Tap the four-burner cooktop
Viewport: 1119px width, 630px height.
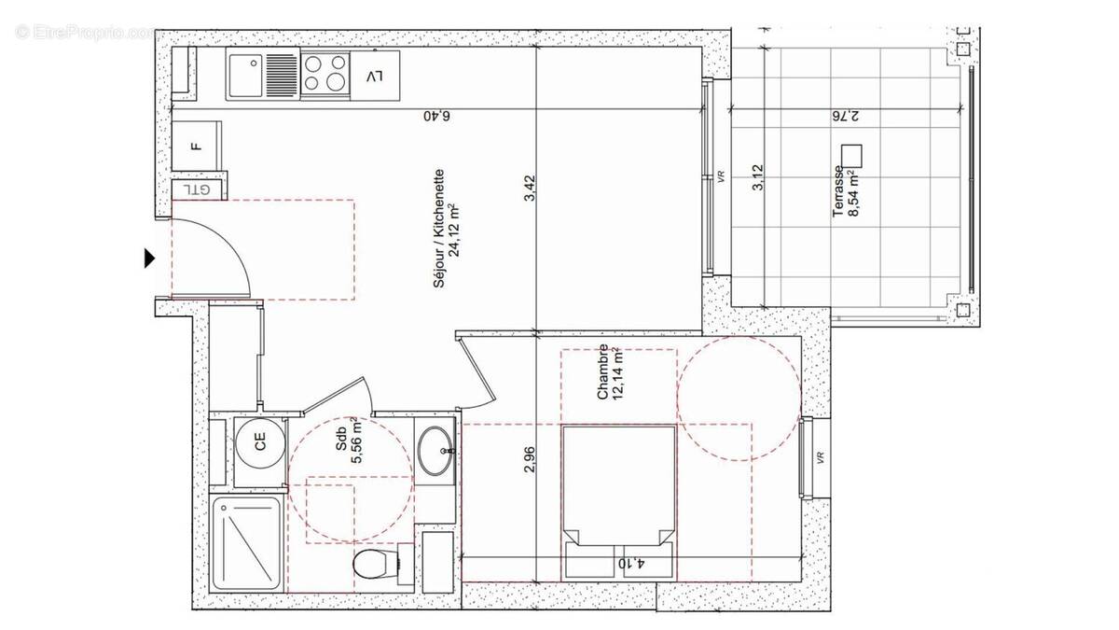coord(324,74)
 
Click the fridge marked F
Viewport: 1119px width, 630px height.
coord(196,147)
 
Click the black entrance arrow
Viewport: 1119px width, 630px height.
coord(149,259)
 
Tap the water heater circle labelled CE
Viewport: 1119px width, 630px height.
coord(259,444)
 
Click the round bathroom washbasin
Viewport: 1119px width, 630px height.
coord(435,451)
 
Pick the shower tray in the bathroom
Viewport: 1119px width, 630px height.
coord(247,542)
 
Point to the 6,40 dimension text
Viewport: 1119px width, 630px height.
coord(435,117)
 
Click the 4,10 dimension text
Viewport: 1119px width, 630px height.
coord(629,564)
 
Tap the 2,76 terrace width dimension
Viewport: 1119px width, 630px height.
coord(844,117)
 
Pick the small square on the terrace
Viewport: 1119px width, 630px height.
coord(850,154)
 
